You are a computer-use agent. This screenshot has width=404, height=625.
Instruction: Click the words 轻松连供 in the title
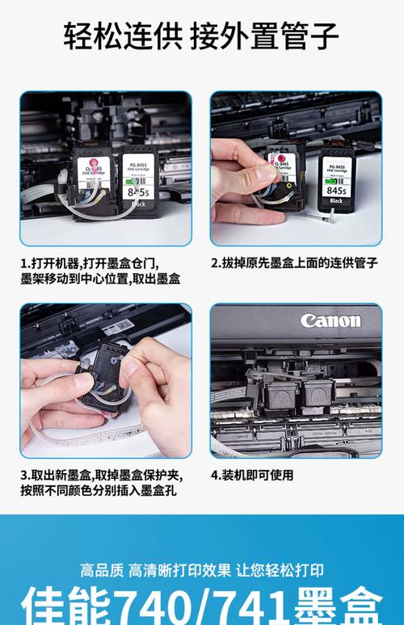pyautogui.click(x=124, y=36)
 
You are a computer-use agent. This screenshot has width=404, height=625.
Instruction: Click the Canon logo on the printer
pyautogui.click(x=330, y=321)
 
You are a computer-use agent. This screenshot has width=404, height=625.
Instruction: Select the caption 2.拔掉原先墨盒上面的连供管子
pyautogui.click(x=293, y=263)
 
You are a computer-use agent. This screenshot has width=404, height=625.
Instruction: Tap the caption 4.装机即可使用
pyautogui.click(x=252, y=476)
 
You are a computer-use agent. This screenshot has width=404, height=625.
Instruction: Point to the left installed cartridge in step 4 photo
pyautogui.click(x=280, y=395)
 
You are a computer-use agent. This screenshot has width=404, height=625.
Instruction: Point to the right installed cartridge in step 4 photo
pyautogui.click(x=317, y=395)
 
